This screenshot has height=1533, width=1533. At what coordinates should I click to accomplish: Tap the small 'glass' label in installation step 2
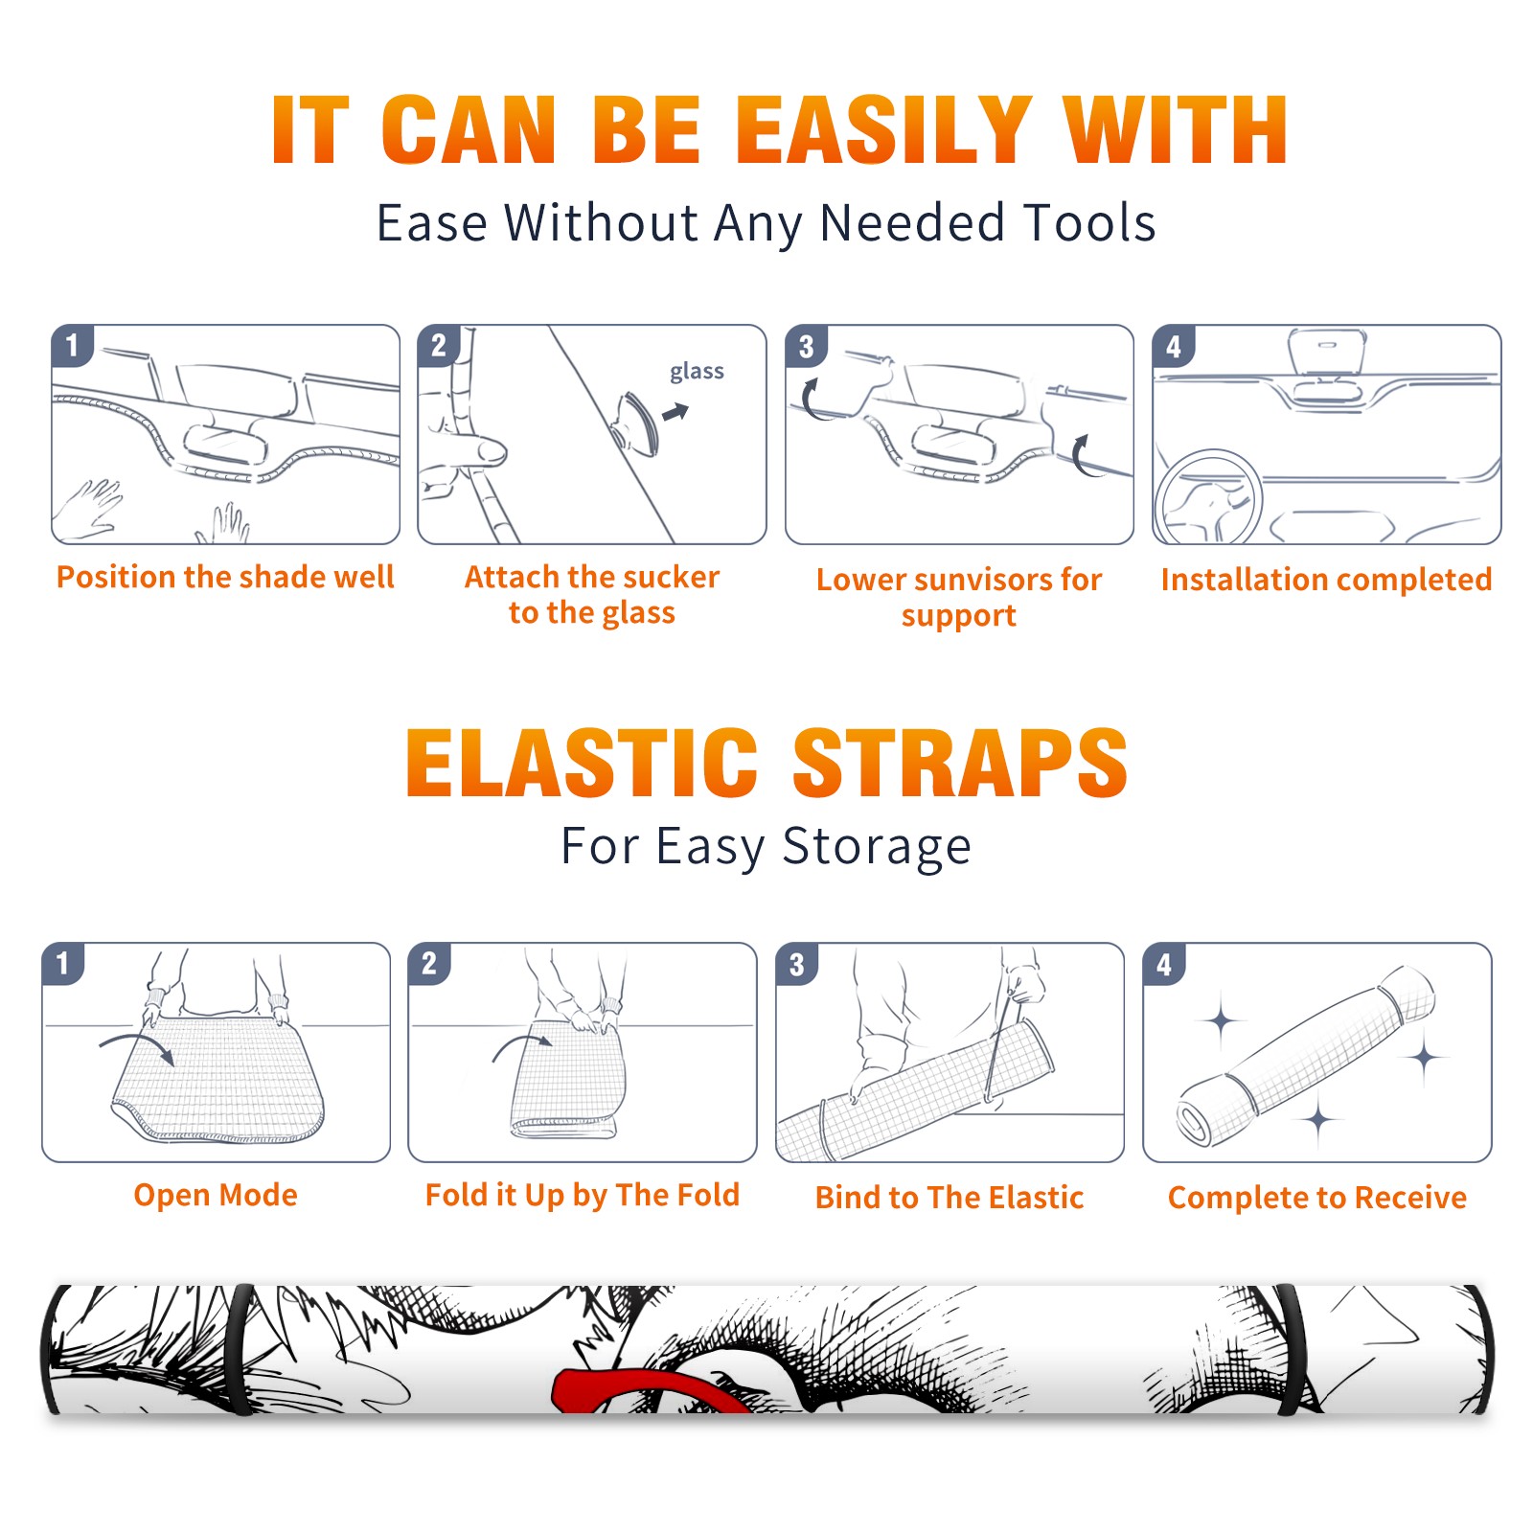pos(697,372)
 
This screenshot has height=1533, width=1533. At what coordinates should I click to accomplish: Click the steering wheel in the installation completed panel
pos(1207,498)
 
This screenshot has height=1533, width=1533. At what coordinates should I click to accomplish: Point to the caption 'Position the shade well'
pos(225,577)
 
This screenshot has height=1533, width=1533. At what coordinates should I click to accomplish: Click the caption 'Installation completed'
pos(1326,579)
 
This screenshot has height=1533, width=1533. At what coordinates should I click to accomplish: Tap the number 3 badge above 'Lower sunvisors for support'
pos(806,346)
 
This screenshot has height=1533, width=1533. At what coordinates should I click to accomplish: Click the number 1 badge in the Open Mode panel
pos(63,963)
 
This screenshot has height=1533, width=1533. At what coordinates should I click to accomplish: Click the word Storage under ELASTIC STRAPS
pos(877,847)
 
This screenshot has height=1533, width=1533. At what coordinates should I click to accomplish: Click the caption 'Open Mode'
pos(216,1195)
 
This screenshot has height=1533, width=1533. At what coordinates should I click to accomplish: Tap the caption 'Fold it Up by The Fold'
pos(583,1195)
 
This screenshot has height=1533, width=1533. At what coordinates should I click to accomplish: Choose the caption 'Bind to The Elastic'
pos(950,1197)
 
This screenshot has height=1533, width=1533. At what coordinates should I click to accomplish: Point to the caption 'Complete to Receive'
pos(1317,1198)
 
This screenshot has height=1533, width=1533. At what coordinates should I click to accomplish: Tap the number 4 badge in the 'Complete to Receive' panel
pos(1164,964)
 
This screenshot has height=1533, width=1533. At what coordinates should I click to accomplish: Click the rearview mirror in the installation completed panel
pos(1326,351)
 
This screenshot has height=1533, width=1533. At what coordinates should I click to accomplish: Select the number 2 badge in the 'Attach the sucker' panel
pos(439,345)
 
